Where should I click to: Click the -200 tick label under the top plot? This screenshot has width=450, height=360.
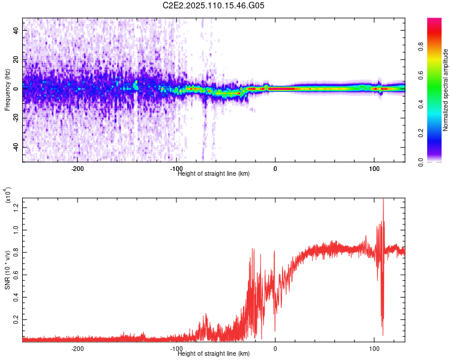coord(77,169)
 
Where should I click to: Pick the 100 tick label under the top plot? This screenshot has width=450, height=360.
coord(374,169)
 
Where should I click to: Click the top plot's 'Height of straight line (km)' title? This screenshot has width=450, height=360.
coord(214,174)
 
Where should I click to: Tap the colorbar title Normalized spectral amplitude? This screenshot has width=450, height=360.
coord(446,90)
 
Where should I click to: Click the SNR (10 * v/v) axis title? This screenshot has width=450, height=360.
coord(8,264)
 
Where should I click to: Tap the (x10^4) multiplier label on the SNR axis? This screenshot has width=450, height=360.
coord(8,196)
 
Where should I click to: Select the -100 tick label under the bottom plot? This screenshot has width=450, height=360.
coord(176,349)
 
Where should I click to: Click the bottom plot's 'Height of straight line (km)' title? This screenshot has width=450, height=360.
coord(214,354)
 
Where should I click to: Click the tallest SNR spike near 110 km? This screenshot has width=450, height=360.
coord(383,199)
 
